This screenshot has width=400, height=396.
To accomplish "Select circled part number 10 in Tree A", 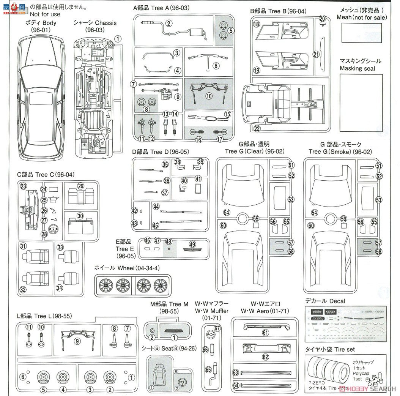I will click(209, 96).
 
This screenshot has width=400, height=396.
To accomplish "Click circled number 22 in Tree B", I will click(257, 129).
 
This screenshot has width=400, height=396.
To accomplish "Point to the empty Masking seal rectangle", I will click(361, 103).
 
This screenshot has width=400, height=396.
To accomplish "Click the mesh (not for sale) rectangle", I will click(361, 33).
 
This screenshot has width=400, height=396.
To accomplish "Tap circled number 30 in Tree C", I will click(80, 216).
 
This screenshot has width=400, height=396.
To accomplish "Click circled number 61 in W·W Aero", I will click(265, 333).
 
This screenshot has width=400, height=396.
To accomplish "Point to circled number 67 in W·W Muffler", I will click(217, 328).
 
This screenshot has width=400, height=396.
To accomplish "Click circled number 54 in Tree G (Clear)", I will click(227, 213).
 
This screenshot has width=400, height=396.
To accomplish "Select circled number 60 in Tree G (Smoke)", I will click(311, 226).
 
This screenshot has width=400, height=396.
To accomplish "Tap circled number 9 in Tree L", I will click(77, 341).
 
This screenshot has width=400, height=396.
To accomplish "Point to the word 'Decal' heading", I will click(337, 301).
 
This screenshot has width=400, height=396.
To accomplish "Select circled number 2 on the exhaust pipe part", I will click(169, 23).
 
